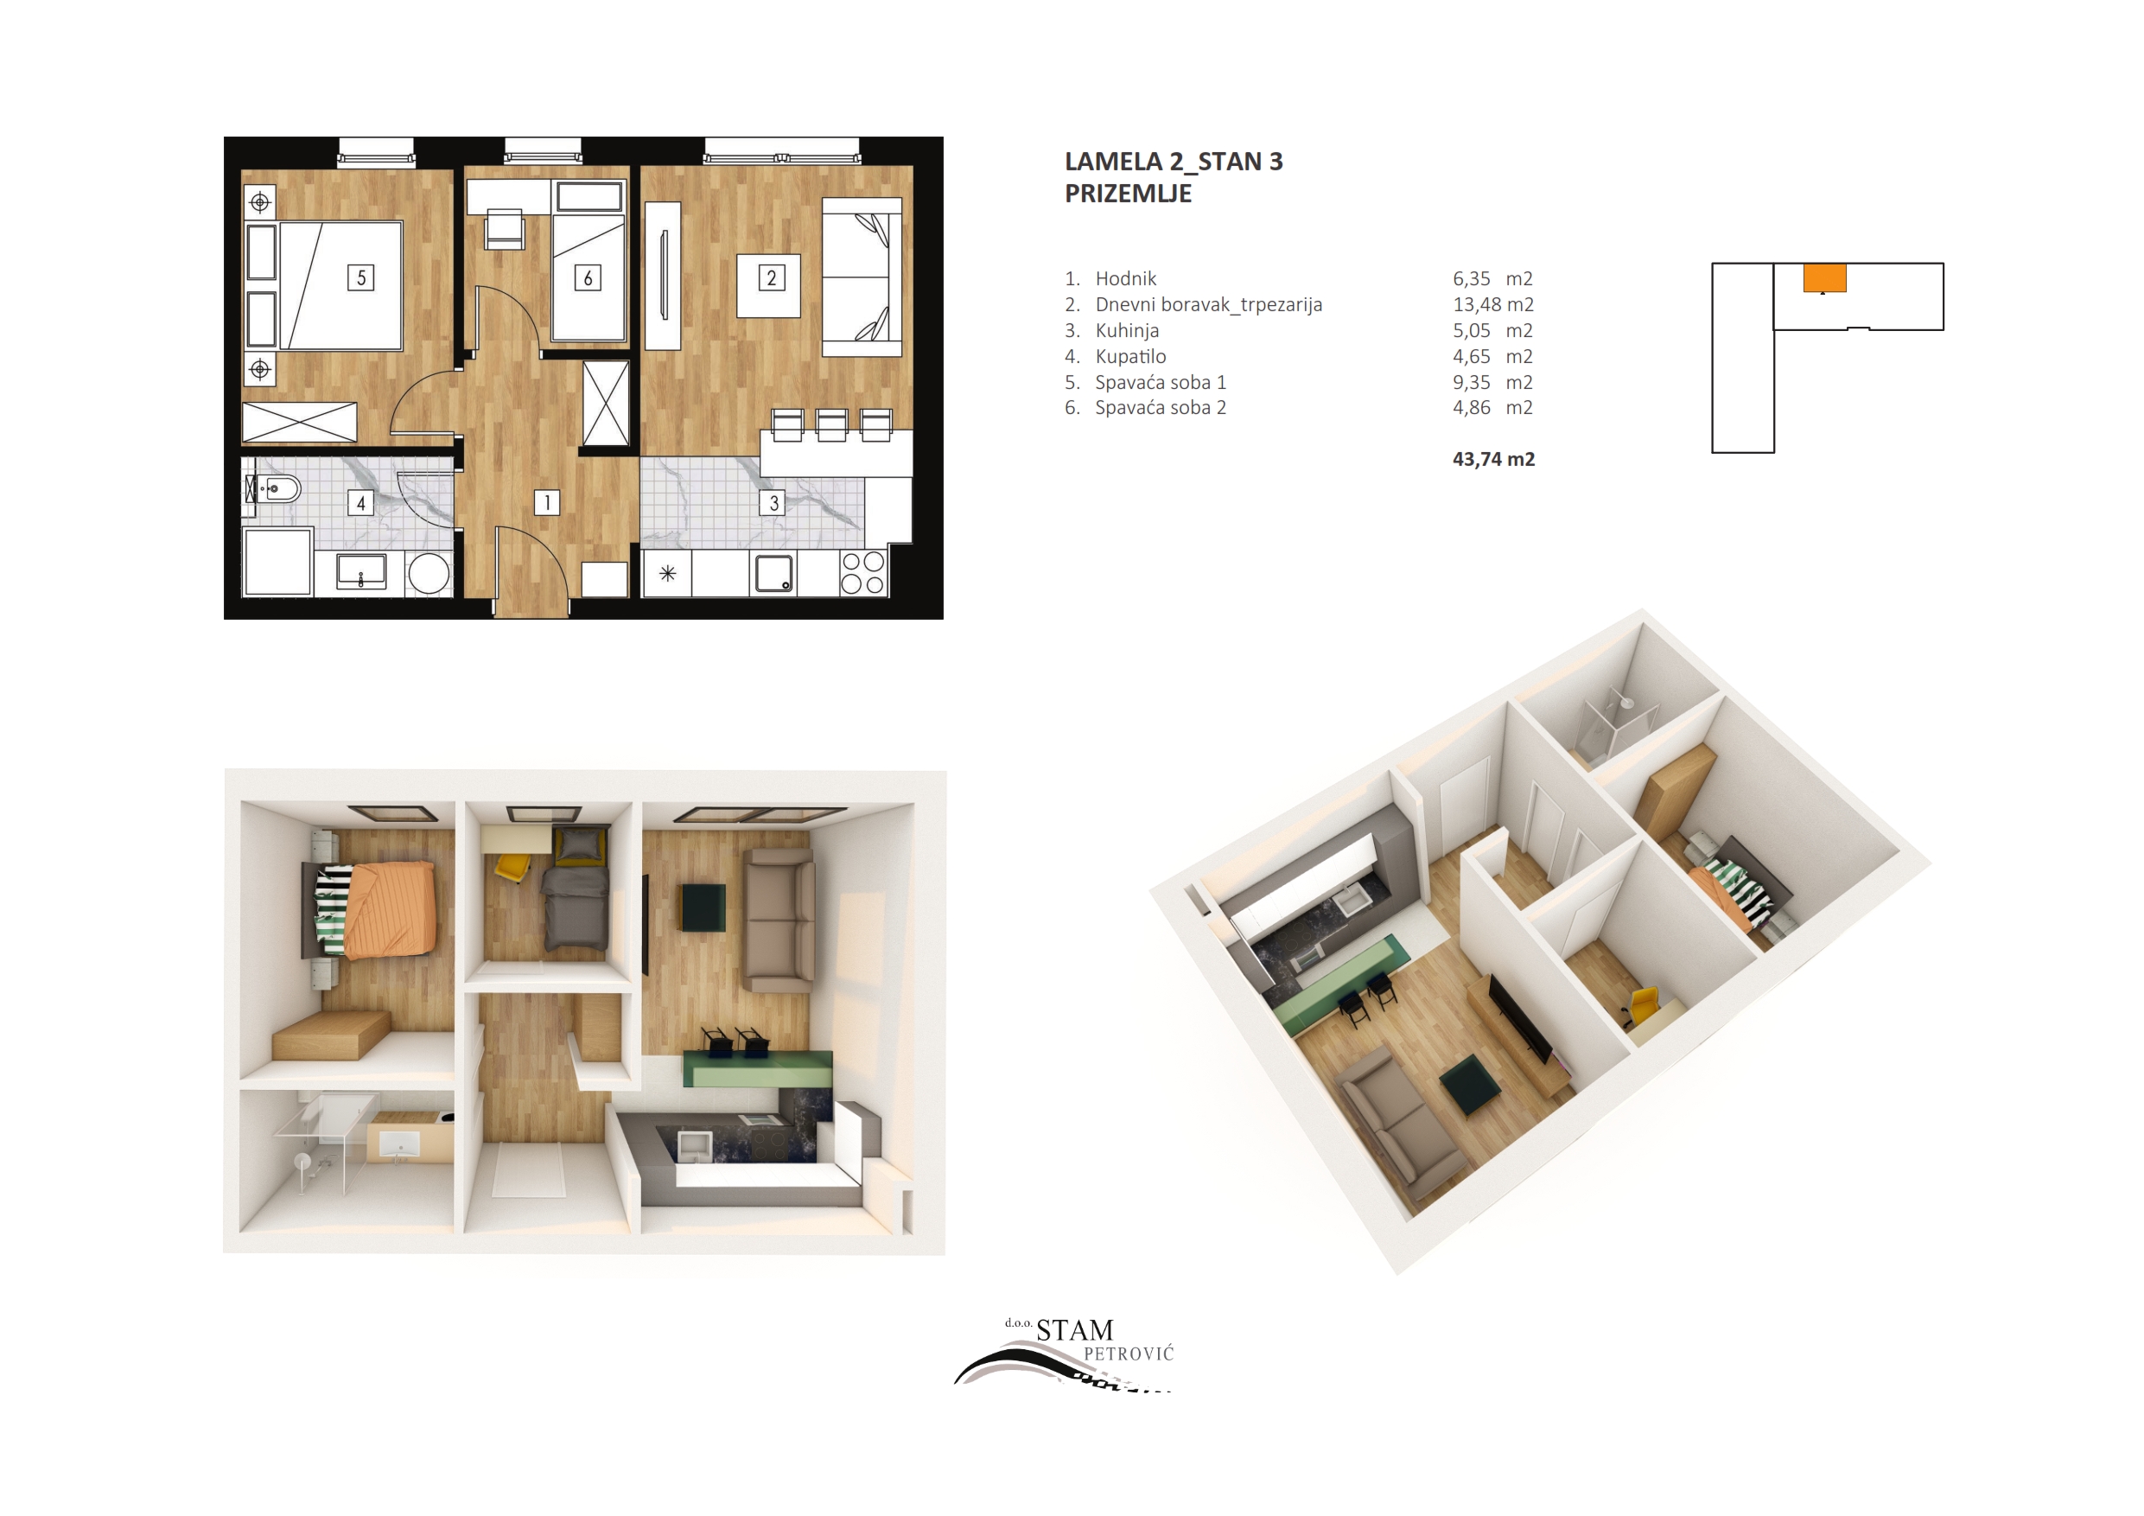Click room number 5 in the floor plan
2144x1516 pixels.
pyautogui.click(x=361, y=277)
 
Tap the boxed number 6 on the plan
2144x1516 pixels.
pyautogui.click(x=588, y=277)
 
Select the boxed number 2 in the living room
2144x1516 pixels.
pyautogui.click(x=772, y=277)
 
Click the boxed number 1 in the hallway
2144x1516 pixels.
pyautogui.click(x=547, y=502)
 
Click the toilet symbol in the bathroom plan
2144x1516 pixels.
pyautogui.click(x=273, y=488)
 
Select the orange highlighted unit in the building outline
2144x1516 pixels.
pyautogui.click(x=1824, y=278)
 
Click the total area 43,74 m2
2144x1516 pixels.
pyautogui.click(x=1493, y=459)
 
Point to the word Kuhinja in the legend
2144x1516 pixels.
pyautogui.click(x=1127, y=331)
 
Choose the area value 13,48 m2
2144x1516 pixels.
pyautogui.click(x=1493, y=304)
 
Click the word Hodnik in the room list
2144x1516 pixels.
pyautogui.click(x=1125, y=278)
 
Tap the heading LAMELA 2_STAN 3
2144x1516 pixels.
pyautogui.click(x=1174, y=162)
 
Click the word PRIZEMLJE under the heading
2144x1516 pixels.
pyautogui.click(x=1128, y=194)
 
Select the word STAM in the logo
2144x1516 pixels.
pyautogui.click(x=1075, y=1330)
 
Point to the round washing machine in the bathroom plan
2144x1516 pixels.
pyautogui.click(x=429, y=574)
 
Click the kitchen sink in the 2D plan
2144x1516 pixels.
pyautogui.click(x=773, y=574)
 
